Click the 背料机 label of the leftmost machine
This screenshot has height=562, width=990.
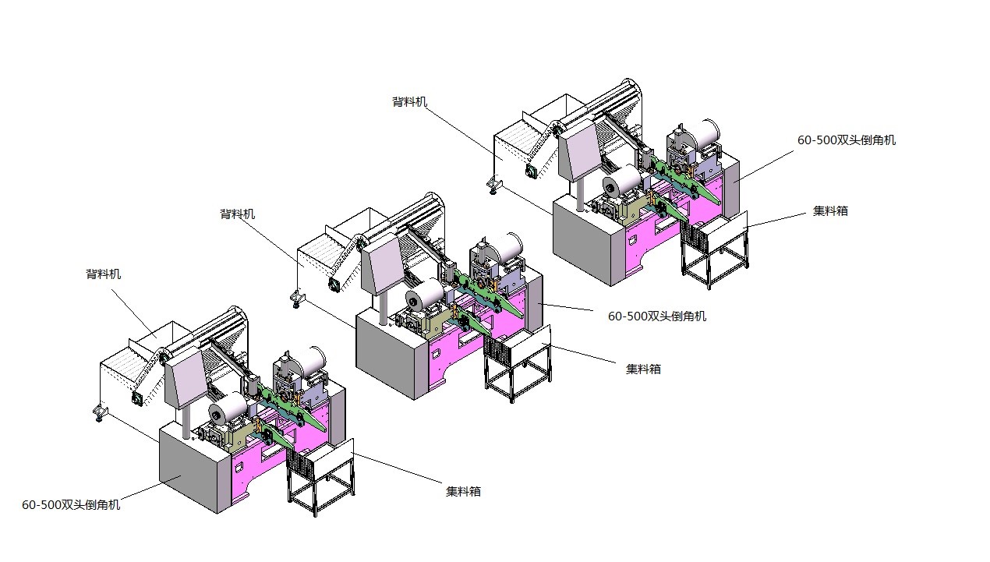click(x=103, y=274)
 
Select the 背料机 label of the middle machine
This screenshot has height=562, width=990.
click(x=237, y=214)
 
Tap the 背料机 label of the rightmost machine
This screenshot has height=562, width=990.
click(x=409, y=102)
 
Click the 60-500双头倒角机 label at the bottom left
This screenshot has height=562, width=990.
click(x=71, y=505)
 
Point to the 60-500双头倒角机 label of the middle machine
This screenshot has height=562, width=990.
click(x=656, y=316)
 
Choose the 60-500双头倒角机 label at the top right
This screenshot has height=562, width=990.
click(x=846, y=140)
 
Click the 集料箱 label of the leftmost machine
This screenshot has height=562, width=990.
click(x=463, y=491)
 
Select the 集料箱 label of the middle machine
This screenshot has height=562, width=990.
click(x=643, y=369)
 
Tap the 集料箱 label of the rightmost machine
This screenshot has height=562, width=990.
click(x=830, y=210)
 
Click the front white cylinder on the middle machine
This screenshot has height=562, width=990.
click(x=424, y=295)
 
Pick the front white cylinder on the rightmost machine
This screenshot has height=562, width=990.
click(x=621, y=184)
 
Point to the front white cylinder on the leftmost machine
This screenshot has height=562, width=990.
click(x=227, y=409)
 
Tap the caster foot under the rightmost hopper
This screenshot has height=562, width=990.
click(x=493, y=184)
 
